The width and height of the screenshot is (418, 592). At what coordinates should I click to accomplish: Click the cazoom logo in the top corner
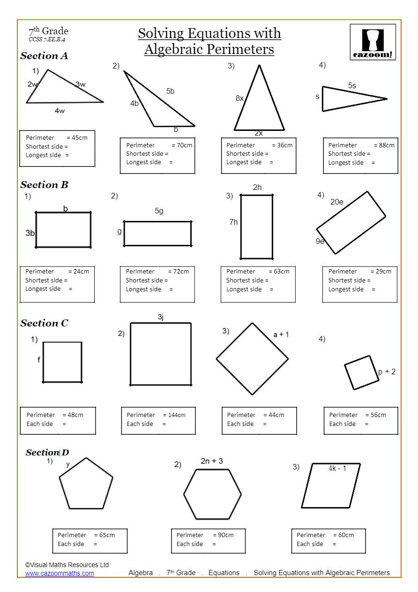(x=373, y=43)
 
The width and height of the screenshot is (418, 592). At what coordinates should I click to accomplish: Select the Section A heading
(x=44, y=56)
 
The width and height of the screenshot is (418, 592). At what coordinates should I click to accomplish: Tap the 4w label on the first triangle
(x=60, y=111)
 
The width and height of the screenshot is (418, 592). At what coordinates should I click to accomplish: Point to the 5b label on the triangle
(x=170, y=91)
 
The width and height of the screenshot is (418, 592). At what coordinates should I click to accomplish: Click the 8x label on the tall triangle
(x=239, y=99)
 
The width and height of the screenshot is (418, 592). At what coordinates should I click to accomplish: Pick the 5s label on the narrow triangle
(x=352, y=86)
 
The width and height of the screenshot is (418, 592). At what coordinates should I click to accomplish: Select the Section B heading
(x=44, y=185)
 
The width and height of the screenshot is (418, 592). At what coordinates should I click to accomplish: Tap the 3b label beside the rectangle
(x=30, y=233)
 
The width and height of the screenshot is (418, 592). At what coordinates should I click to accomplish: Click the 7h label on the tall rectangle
(x=233, y=222)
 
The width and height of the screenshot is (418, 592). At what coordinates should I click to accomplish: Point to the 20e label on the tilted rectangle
(x=337, y=202)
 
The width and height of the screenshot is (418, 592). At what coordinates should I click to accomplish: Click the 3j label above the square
(x=160, y=318)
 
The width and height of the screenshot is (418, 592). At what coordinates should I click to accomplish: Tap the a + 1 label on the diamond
(x=281, y=334)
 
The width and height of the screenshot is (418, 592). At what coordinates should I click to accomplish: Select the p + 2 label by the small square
(x=387, y=372)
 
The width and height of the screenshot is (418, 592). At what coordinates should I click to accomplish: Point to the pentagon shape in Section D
(x=86, y=484)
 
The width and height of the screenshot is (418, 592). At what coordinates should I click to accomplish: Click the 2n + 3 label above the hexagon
(x=212, y=461)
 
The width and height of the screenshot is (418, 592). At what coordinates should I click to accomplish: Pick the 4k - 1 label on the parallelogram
(x=337, y=468)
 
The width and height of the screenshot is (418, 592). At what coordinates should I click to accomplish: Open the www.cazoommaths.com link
(x=60, y=573)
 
